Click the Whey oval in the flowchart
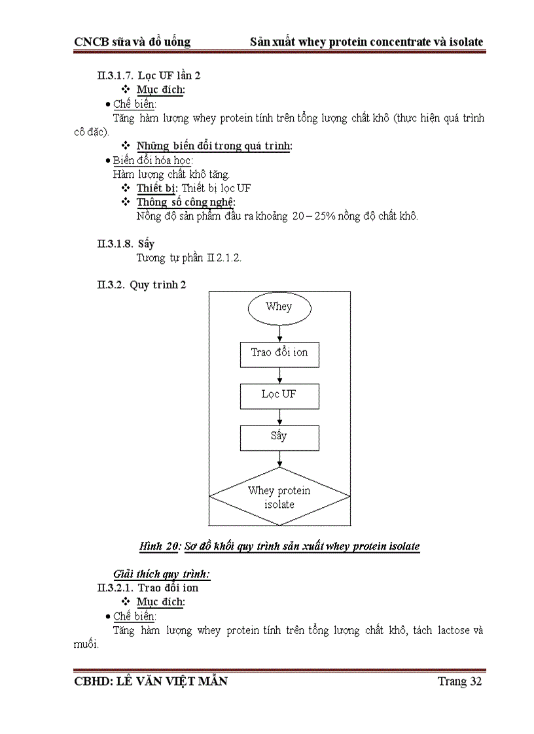[x=279, y=307]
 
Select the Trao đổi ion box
[x=279, y=353]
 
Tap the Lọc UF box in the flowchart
[x=279, y=395]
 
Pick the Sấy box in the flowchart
[x=279, y=437]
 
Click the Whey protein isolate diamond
[x=279, y=497]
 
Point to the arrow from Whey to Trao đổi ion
[x=279, y=333]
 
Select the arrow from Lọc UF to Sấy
[x=279, y=417]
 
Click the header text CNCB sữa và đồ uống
[x=132, y=42]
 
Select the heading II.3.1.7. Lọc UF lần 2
[x=149, y=75]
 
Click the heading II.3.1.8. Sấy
[x=126, y=244]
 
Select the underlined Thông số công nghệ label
[x=186, y=202]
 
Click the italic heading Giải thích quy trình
[x=162, y=574]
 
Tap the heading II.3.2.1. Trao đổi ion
[x=148, y=588]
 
